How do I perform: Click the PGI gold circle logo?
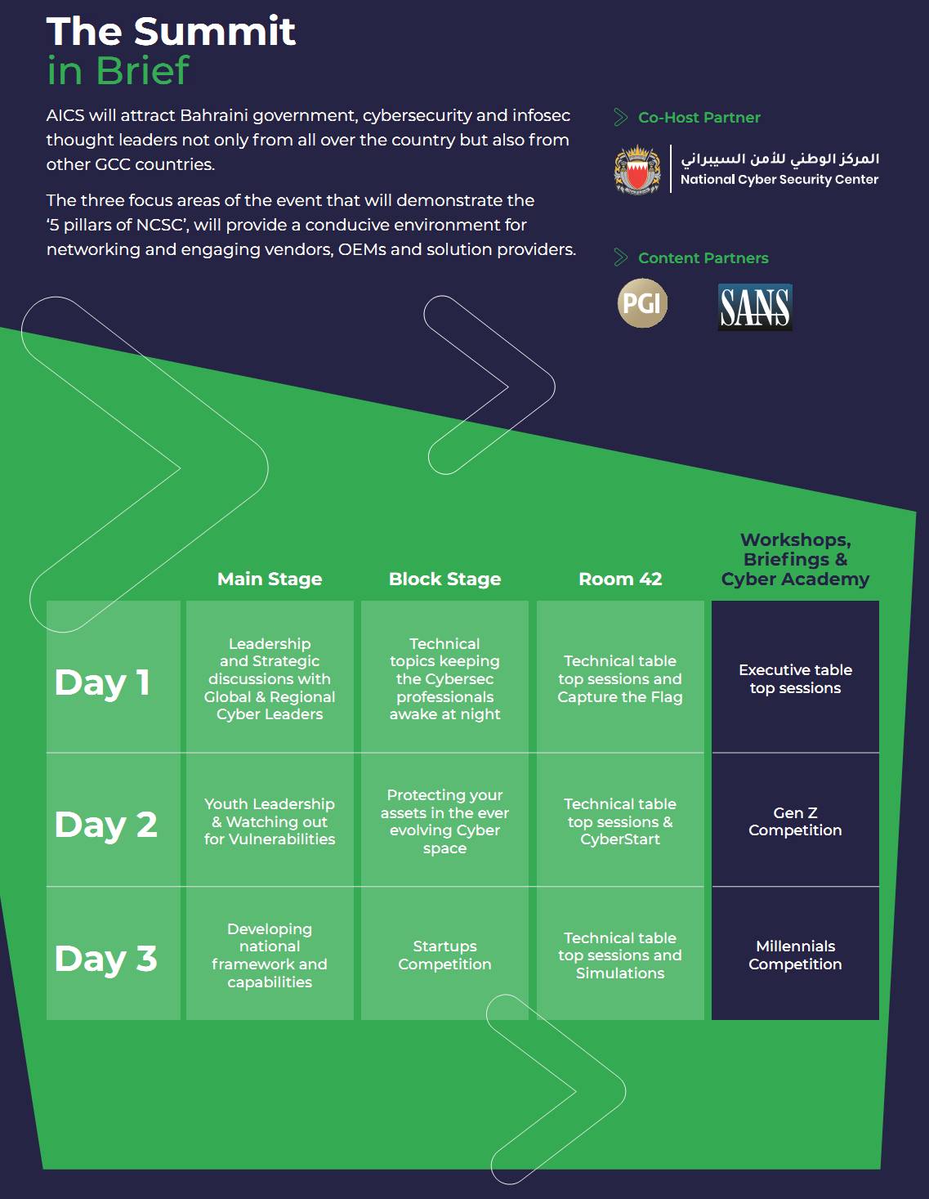[x=642, y=303]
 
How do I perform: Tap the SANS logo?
[x=755, y=306]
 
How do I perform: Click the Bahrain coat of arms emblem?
[x=637, y=169]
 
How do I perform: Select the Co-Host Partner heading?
[x=699, y=118]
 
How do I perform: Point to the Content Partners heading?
[x=703, y=258]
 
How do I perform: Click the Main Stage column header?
[x=270, y=579]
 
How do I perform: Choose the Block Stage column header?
[x=445, y=579]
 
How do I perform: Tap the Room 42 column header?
[x=620, y=579]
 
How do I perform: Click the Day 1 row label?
[x=102, y=682]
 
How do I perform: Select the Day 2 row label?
[x=106, y=825]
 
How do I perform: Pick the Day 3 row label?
[x=106, y=959]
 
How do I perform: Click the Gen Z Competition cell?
[x=795, y=821]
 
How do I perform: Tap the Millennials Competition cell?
[x=795, y=955]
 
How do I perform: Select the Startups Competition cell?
[x=445, y=955]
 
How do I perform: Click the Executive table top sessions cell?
[x=795, y=678]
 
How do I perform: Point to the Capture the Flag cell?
[x=620, y=678]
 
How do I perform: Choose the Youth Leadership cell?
[x=270, y=821]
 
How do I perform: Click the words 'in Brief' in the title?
[x=118, y=71]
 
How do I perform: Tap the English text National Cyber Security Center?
[x=779, y=179]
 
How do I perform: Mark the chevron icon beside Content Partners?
[x=621, y=257]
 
